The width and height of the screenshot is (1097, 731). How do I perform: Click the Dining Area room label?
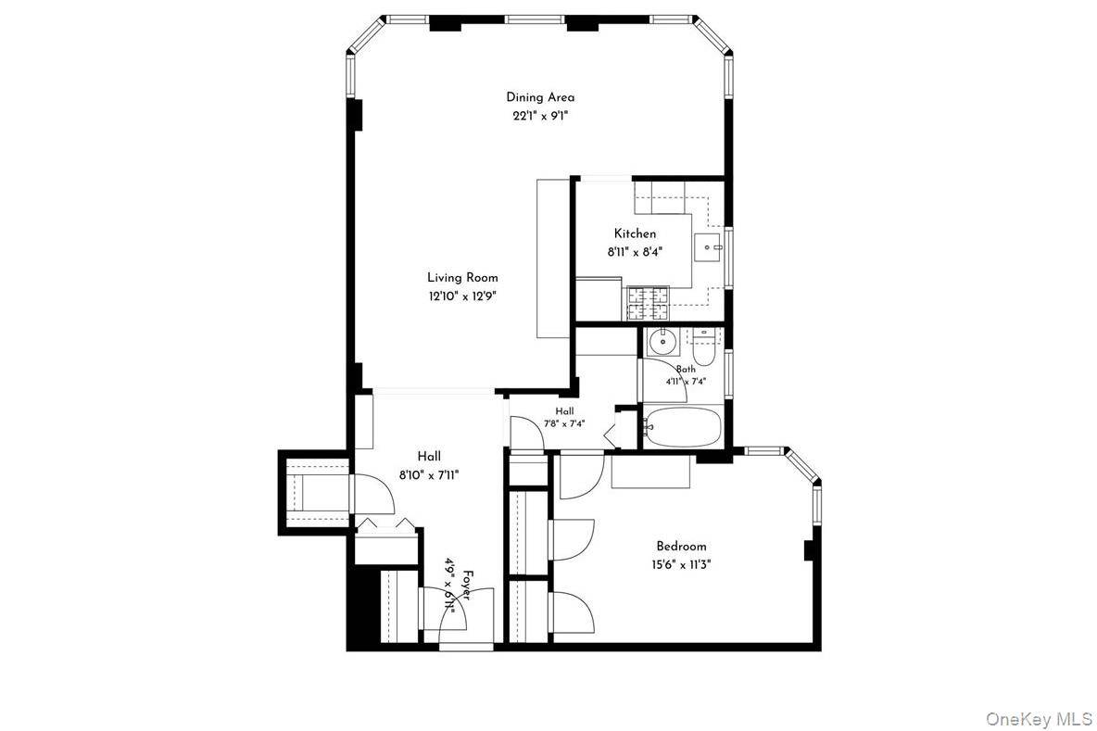click(540, 97)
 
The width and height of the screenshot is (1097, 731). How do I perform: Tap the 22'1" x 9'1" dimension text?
click(540, 116)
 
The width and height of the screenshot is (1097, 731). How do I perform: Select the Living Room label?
click(462, 278)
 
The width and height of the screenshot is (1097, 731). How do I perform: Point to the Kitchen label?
click(636, 233)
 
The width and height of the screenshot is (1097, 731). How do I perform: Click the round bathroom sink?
click(661, 343)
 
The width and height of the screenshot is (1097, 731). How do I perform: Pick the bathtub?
click(681, 427)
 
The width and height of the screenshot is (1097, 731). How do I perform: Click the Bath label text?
click(686, 369)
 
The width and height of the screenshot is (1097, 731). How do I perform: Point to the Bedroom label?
click(681, 547)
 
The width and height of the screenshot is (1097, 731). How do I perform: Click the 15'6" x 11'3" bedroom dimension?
click(681, 564)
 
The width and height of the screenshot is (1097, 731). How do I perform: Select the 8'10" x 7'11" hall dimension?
click(429, 475)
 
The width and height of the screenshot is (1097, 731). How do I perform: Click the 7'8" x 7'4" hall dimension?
click(564, 423)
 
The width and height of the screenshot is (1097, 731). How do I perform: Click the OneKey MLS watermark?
click(1039, 718)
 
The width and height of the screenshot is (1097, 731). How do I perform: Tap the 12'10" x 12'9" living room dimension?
click(462, 296)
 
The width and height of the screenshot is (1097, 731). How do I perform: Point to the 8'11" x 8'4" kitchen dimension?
click(636, 252)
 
